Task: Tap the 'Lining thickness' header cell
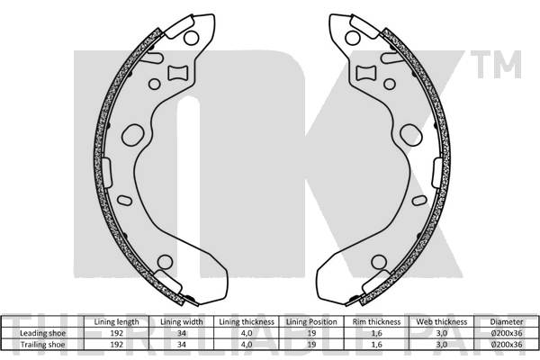(245, 321)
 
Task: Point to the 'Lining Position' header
(311, 321)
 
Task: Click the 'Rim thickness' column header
(375, 321)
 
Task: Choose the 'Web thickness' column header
(441, 321)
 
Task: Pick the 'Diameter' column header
(505, 321)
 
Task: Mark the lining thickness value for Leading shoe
(245, 332)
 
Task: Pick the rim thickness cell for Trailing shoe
(375, 343)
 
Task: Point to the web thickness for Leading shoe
(441, 332)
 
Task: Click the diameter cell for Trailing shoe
(505, 343)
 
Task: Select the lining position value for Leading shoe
(311, 332)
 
